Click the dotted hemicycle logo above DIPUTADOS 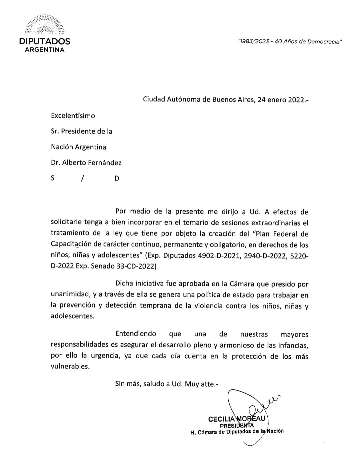point(45,25)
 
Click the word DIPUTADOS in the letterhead point(45,41)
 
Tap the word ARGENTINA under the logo point(45,50)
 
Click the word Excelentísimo point(73,116)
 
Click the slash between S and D point(82,178)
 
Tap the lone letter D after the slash point(117,178)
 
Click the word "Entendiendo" point(135,334)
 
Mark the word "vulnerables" point(70,366)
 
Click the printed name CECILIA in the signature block point(221,419)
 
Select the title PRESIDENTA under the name point(237,425)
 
